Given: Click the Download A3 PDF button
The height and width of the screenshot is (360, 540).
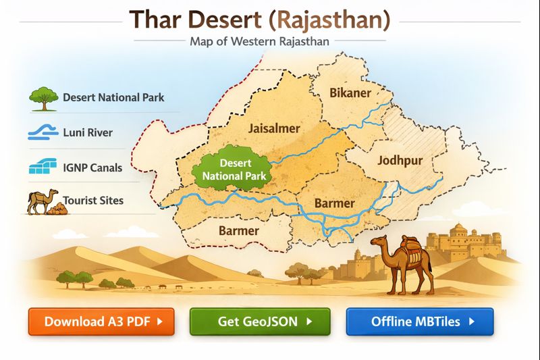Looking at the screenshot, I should (101, 322).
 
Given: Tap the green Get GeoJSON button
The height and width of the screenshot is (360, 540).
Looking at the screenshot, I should (260, 322).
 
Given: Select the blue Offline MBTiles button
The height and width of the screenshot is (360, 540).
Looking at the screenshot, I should (420, 322).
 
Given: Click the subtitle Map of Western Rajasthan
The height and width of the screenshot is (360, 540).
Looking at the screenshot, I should (259, 41).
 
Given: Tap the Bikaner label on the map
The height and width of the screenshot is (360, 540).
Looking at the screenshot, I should (350, 93).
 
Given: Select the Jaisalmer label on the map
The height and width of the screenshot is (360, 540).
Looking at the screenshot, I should (273, 128).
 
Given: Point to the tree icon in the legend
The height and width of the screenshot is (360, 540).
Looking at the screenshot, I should (43, 97).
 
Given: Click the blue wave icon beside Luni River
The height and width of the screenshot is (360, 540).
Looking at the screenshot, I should (43, 132).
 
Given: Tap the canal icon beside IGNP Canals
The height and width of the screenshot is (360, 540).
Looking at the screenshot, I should (43, 167).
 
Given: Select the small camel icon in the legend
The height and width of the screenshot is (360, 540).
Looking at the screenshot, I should (43, 201).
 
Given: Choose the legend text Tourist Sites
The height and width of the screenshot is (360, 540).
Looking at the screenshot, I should (93, 201).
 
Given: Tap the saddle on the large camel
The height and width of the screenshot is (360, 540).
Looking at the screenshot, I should (408, 247).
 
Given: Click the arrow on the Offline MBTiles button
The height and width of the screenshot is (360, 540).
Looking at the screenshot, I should (472, 322).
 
